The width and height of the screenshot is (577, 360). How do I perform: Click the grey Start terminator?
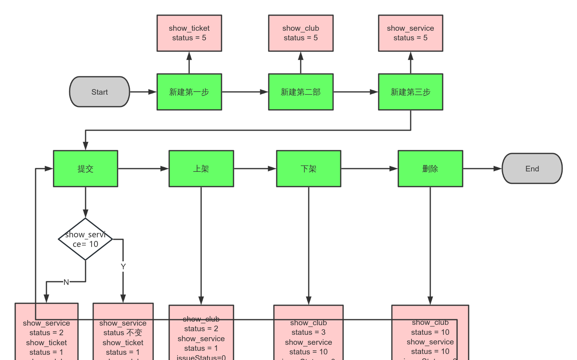pyautogui.click(x=100, y=92)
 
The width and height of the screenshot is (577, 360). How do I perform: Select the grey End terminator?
pyautogui.click(x=532, y=169)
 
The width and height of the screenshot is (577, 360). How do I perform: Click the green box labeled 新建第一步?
pyautogui.click(x=189, y=92)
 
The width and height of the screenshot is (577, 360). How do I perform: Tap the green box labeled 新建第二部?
pyautogui.click(x=301, y=92)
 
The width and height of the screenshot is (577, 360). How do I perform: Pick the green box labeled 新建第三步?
pyautogui.click(x=410, y=92)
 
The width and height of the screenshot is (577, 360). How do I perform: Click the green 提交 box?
pyautogui.click(x=86, y=169)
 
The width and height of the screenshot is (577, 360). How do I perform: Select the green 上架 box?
pyautogui.click(x=201, y=169)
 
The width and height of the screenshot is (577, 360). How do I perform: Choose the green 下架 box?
pyautogui.click(x=308, y=169)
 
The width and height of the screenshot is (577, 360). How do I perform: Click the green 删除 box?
pyautogui.click(x=430, y=169)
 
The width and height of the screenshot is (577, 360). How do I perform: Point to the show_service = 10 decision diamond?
pyautogui.click(x=86, y=239)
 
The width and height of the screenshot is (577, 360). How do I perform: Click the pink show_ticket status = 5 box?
pyautogui.click(x=189, y=33)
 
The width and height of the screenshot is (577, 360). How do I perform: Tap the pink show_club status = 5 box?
pyautogui.click(x=301, y=33)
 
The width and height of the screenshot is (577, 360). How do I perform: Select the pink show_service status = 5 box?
pyautogui.click(x=410, y=33)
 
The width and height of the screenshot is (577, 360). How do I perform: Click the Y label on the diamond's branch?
pyautogui.click(x=123, y=267)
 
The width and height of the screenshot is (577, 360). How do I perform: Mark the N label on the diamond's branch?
pyautogui.click(x=66, y=282)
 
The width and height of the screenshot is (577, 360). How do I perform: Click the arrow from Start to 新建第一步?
pyautogui.click(x=143, y=92)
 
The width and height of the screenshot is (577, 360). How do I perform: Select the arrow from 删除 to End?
pyautogui.click(x=482, y=169)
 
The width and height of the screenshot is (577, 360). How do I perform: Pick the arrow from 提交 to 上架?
pyautogui.click(x=143, y=169)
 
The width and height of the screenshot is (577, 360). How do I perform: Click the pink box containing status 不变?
pyautogui.click(x=123, y=336)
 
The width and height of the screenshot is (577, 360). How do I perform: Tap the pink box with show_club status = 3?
pyautogui.click(x=308, y=336)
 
